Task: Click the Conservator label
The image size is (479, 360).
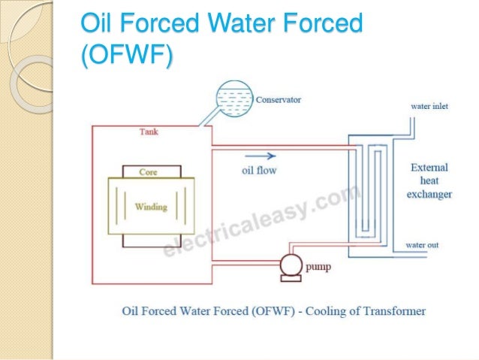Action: tap(279, 99)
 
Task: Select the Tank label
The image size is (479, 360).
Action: tap(149, 132)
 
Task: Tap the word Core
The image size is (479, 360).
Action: tap(149, 172)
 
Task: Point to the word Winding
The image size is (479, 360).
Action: tap(150, 207)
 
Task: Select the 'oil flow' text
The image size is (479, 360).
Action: tap(259, 171)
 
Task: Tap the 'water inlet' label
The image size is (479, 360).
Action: tap(429, 107)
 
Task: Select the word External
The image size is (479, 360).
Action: tap(429, 168)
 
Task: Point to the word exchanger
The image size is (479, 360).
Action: tap(429, 194)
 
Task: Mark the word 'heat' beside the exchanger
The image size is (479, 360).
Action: tap(429, 181)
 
